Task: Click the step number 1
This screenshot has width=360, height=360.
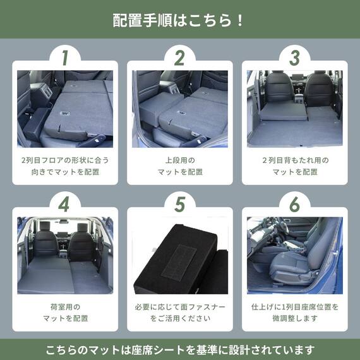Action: click(x=64, y=57)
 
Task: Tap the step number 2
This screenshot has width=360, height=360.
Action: click(x=179, y=57)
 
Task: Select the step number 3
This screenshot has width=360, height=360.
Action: click(x=294, y=57)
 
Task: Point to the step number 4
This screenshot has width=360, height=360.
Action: click(x=64, y=205)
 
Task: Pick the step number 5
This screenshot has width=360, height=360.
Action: click(x=179, y=205)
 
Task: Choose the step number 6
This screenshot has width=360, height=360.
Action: click(x=294, y=205)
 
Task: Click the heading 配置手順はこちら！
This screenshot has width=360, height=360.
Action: click(x=179, y=20)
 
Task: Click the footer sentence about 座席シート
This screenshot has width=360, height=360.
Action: click(x=179, y=349)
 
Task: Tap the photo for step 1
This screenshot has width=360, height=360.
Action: click(x=64, y=108)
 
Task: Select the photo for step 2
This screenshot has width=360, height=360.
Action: click(x=179, y=108)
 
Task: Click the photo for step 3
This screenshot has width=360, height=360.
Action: click(x=294, y=108)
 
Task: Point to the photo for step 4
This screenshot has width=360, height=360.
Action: click(x=64, y=255)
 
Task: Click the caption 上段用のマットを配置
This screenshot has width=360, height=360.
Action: click(x=179, y=166)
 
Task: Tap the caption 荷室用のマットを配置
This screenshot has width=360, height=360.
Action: click(x=64, y=313)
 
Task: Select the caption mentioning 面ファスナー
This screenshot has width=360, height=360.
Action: click(x=179, y=313)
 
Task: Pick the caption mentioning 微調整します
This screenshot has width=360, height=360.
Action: click(x=294, y=313)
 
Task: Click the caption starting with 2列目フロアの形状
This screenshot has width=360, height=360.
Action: click(x=64, y=166)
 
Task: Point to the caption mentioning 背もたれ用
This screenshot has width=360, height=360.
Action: click(x=294, y=166)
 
